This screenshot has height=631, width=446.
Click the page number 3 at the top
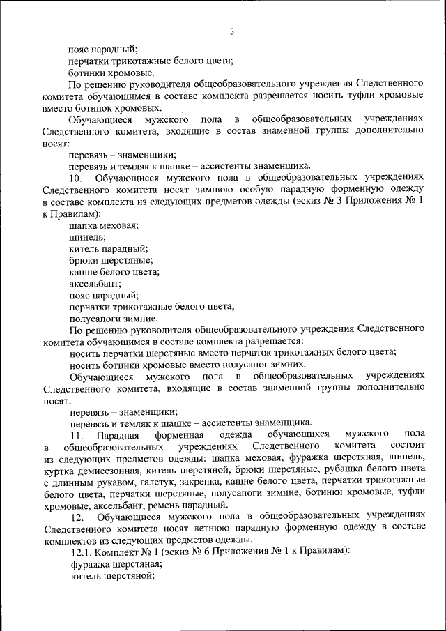[231, 31]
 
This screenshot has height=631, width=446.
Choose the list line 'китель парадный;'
[108, 248]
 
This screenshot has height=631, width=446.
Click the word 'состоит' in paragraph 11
[403, 446]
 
